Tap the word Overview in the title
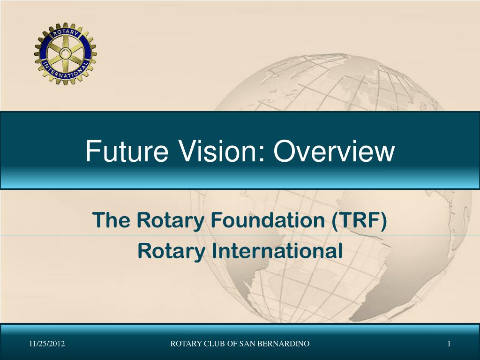(333, 151)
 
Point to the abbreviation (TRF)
(359, 220)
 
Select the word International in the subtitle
(277, 251)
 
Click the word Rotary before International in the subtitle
(171, 251)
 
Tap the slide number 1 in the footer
(449, 345)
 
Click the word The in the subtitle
(106, 220)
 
